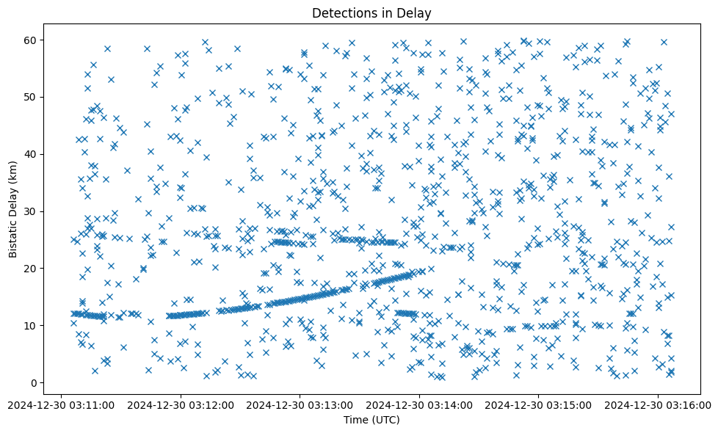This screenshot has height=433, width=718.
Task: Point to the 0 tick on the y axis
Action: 34,382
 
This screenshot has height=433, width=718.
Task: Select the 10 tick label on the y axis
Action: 31,325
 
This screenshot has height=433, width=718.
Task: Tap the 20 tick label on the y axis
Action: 31,268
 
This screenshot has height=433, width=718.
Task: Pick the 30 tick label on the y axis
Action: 31,211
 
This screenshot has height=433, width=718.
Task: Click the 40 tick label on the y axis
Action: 31,154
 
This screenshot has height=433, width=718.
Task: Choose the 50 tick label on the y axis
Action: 31,97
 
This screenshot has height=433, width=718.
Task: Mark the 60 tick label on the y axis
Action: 31,40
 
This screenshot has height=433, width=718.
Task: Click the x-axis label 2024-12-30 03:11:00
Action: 61,404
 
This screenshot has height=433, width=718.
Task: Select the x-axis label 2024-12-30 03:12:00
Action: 181,404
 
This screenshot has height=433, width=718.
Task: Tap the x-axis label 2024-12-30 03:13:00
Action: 300,404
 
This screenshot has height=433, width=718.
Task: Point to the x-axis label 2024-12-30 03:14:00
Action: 419,404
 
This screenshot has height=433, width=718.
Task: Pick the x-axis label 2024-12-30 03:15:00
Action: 539,404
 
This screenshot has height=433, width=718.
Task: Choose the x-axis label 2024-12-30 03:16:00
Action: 658,404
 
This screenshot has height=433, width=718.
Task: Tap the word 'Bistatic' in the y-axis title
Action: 13,236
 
